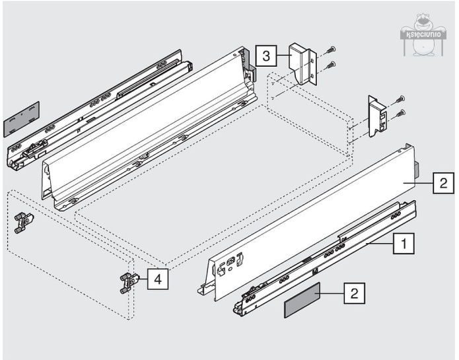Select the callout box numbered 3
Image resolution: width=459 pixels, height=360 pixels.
(x=265, y=56)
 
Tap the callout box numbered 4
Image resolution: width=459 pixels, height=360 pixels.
(x=157, y=279)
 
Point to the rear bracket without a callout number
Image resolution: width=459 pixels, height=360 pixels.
(x=378, y=117)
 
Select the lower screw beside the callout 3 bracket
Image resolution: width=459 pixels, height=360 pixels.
(x=331, y=65)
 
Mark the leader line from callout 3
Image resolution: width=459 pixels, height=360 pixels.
(x=281, y=56)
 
